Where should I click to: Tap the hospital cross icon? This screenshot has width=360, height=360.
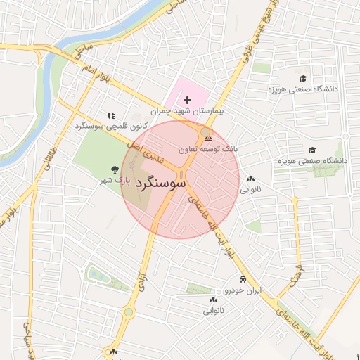pyautogui.click(x=186, y=101)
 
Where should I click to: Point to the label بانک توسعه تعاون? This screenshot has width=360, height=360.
pyautogui.click(x=209, y=149)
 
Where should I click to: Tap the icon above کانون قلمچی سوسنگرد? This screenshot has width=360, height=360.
pyautogui.click(x=110, y=115)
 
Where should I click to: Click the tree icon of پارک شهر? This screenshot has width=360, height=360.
pyautogui.click(x=115, y=169)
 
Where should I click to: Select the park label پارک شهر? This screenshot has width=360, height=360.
pyautogui.click(x=114, y=180)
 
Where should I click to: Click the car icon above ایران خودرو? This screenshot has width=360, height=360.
pyautogui.click(x=243, y=279)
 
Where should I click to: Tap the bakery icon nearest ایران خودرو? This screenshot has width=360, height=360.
pyautogui.click(x=212, y=300)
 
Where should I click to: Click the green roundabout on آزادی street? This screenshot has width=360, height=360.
pyautogui.click(x=128, y=311)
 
